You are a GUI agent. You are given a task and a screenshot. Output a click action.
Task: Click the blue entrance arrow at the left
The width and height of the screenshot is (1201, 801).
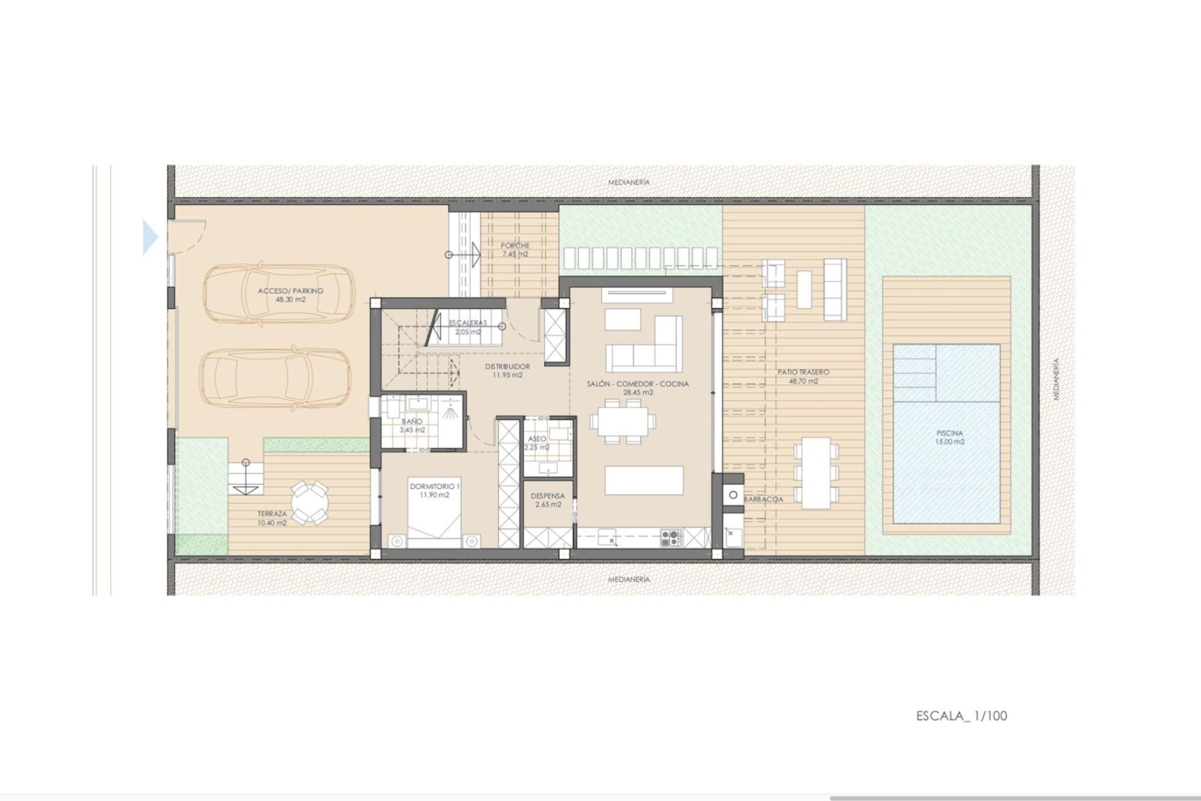(x=150, y=237)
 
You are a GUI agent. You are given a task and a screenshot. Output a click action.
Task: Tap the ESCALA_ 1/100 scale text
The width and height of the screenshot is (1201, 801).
(x=961, y=716)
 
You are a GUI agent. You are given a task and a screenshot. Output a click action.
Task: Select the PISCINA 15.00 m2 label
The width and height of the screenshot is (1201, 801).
(x=950, y=437)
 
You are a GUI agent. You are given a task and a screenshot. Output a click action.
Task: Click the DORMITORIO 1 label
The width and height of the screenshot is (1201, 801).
(x=435, y=490)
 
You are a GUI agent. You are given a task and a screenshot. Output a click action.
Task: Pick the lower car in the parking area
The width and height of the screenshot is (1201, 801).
(x=275, y=377)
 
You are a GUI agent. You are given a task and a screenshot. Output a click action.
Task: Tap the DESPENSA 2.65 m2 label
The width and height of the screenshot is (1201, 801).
(x=547, y=499)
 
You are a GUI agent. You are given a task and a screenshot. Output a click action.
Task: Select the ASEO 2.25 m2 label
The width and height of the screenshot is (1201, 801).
(x=537, y=442)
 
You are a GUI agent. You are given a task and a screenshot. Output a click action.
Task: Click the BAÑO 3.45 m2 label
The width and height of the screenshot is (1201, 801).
(x=412, y=426)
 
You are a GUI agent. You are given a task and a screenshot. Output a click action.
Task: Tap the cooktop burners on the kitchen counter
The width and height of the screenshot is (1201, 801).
(x=671, y=537)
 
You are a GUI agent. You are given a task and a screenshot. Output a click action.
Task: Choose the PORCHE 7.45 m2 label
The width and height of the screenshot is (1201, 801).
(x=515, y=250)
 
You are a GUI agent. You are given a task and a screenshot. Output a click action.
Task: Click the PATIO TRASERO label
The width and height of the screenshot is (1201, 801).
(x=803, y=376)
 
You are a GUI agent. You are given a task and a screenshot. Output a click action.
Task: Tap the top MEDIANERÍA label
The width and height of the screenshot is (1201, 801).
(x=629, y=182)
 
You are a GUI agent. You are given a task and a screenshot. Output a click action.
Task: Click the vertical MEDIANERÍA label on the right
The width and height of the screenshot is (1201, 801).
(x=1057, y=379)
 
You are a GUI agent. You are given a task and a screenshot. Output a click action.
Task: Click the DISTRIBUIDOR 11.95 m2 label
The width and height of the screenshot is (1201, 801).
(x=507, y=370)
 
